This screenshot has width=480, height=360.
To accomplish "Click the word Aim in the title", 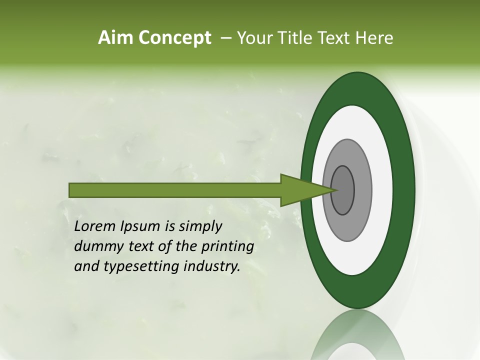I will click(116, 38).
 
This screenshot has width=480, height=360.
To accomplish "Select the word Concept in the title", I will click(175, 38).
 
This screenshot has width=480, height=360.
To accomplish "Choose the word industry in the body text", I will click(212, 267).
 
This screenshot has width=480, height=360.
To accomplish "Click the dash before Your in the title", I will click(225, 38).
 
